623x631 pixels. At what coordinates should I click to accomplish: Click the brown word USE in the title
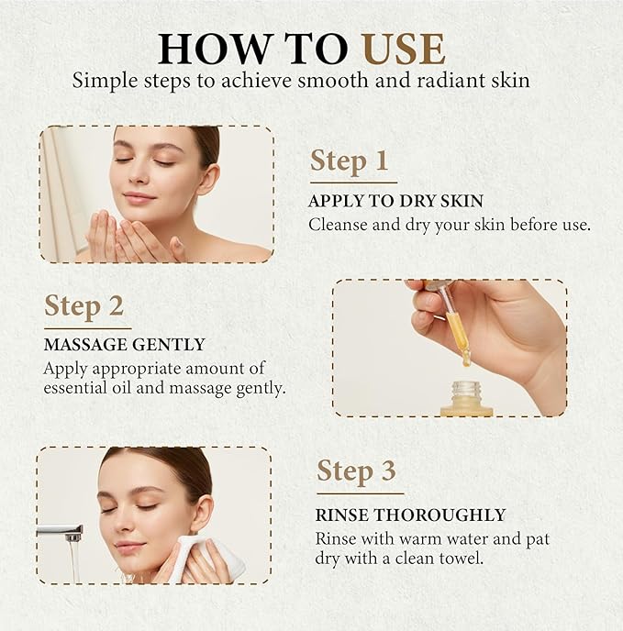click(403, 49)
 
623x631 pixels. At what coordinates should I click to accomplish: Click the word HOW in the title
click(214, 49)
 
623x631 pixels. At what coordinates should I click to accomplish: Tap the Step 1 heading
click(349, 161)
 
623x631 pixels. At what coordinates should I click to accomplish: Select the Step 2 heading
click(83, 306)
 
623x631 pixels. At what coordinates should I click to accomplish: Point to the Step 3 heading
click(356, 471)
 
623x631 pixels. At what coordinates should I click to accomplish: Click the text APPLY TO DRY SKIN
click(395, 201)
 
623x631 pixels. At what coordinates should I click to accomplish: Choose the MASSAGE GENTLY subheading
click(125, 345)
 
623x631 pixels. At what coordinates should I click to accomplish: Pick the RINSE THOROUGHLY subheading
click(410, 515)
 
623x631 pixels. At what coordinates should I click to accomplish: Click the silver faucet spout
click(61, 532)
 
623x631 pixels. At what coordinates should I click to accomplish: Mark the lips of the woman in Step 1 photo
click(139, 197)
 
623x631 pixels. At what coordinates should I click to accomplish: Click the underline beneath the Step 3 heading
click(361, 493)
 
